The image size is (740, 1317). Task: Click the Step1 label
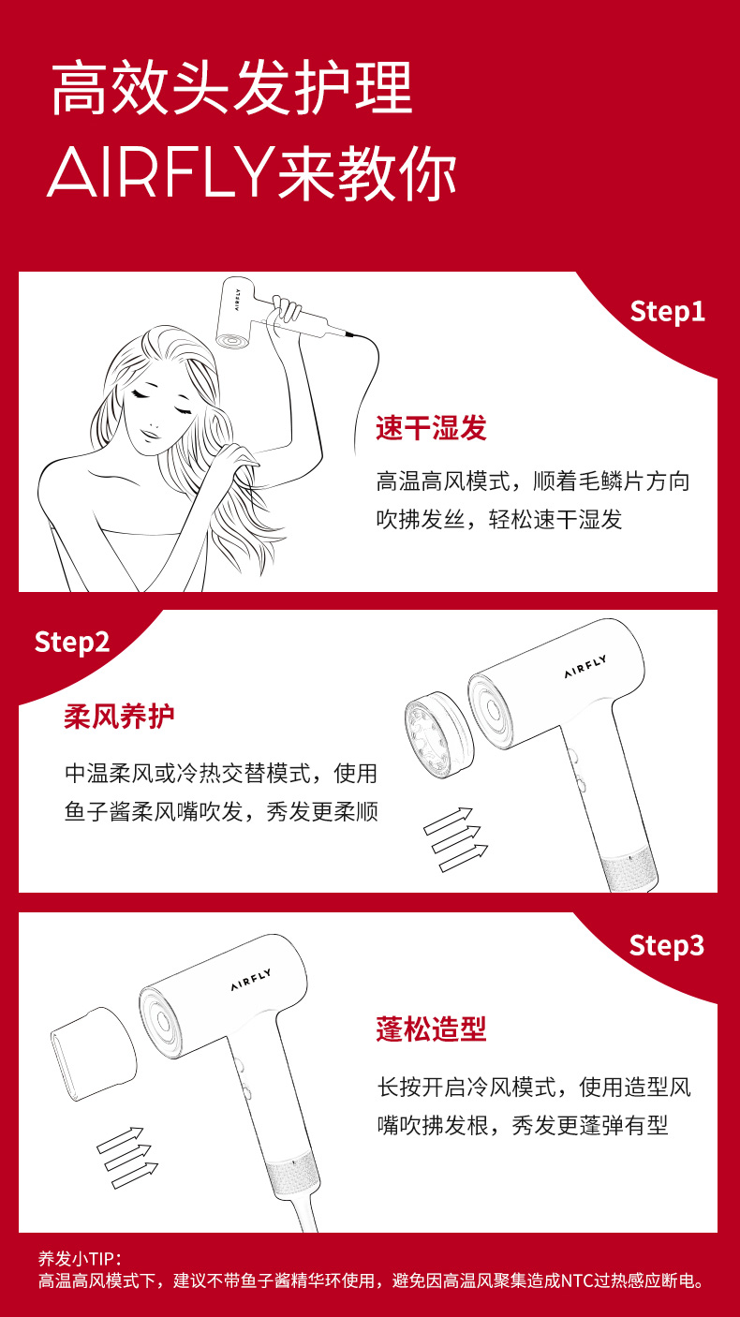(667, 312)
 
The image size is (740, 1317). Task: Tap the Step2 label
(72, 642)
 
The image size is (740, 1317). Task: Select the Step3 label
(667, 946)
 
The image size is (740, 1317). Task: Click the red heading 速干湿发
(432, 427)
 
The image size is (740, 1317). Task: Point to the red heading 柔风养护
(119, 717)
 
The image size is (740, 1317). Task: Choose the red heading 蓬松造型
(432, 1029)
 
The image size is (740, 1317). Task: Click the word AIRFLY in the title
(160, 172)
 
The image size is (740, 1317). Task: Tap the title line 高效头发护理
(232, 88)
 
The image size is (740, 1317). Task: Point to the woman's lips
(149, 435)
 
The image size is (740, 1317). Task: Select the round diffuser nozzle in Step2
(437, 735)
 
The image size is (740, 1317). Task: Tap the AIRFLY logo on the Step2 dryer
(585, 667)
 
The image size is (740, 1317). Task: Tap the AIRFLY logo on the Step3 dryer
(251, 980)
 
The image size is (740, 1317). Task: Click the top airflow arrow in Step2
(448, 821)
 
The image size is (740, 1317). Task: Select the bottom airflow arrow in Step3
(135, 1176)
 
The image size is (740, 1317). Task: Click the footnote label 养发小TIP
(80, 1259)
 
